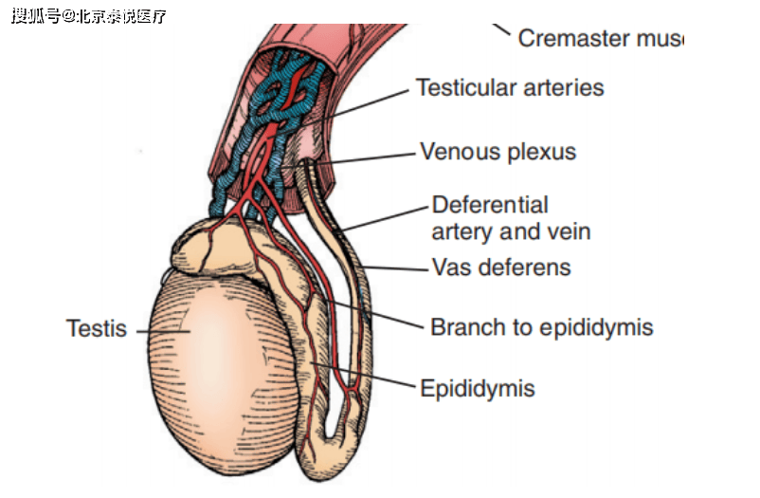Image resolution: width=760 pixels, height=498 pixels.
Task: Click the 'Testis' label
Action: tap(95, 329)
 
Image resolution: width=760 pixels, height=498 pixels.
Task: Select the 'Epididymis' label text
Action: tap(478, 388)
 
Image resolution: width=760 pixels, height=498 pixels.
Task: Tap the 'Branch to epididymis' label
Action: tap(541, 328)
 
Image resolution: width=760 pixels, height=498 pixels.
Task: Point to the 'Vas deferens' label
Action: tap(501, 267)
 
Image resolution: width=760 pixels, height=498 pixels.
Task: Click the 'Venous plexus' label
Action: tap(498, 152)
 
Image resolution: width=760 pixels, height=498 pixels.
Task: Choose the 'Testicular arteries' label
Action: tap(510, 88)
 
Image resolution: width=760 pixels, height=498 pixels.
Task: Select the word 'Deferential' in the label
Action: tap(490, 205)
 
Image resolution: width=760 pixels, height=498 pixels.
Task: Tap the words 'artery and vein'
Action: tap(511, 231)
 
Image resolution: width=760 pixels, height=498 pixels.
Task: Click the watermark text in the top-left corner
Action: tap(89, 15)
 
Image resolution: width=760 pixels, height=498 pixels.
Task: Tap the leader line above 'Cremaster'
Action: tap(501, 30)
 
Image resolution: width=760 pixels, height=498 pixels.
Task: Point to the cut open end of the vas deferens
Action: tap(309, 163)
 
